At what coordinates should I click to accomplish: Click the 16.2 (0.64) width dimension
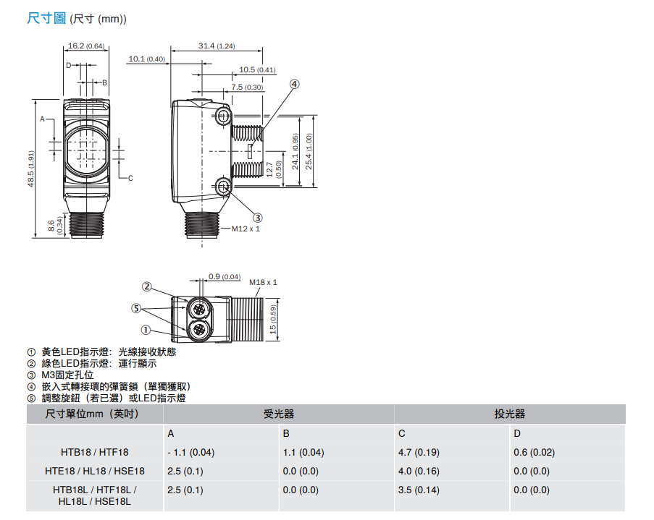pos(86,46)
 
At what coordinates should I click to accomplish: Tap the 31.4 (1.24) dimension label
pos(217,46)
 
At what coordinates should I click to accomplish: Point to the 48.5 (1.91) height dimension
pos(31,169)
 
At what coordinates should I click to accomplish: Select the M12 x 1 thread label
pos(246,229)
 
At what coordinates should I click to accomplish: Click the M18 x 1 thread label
pos(263,282)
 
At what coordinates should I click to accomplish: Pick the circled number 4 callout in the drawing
pos(295,84)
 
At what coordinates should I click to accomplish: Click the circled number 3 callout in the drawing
pos(258,218)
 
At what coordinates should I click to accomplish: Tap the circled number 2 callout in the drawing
pos(147,286)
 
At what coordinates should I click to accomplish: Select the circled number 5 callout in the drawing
pos(136,308)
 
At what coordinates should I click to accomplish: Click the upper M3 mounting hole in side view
pos(224,116)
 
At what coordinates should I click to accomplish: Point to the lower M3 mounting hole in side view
pos(224,186)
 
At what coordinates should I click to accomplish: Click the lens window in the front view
pos(86,150)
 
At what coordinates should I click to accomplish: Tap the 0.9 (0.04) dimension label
pos(225,277)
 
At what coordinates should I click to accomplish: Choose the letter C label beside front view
pos(130,179)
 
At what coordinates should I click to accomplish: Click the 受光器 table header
pos(279,414)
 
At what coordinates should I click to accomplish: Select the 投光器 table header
pos(510,414)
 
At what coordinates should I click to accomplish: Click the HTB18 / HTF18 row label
pos(95,452)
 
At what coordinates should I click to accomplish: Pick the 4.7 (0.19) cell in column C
pos(419,452)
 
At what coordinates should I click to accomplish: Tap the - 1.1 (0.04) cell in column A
pos(191,452)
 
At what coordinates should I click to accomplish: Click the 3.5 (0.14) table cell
pos(419,490)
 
